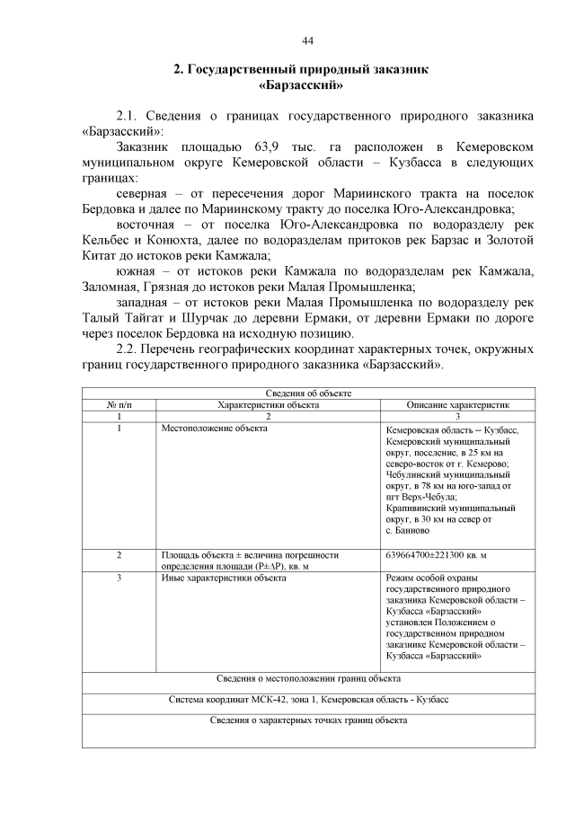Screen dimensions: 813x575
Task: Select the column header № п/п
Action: click(x=117, y=405)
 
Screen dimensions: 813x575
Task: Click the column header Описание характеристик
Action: click(x=458, y=405)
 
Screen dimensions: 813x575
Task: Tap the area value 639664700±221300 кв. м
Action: click(x=442, y=554)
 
